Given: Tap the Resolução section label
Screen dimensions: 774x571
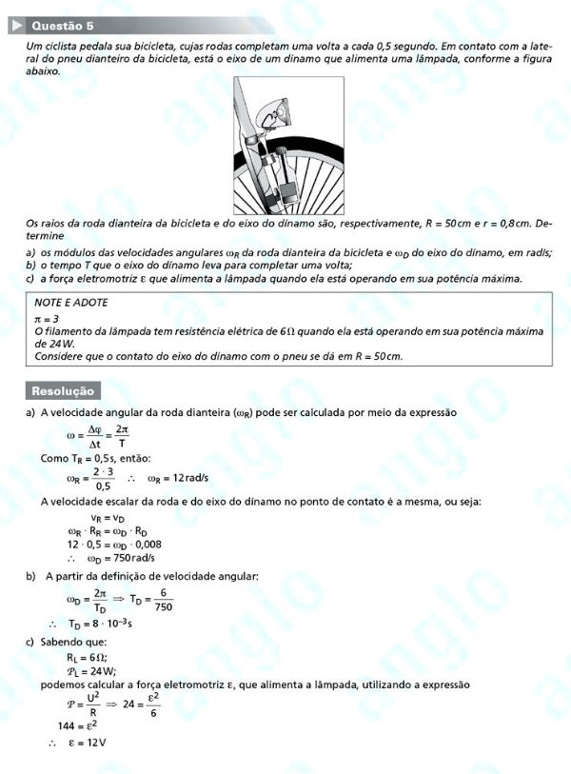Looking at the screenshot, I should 63,391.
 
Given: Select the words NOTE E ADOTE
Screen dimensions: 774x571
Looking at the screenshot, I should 71,302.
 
